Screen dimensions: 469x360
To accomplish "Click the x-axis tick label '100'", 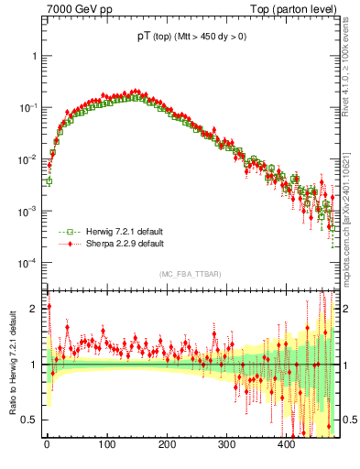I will click(x=106, y=445).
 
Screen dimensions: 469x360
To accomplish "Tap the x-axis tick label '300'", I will click(x=226, y=445).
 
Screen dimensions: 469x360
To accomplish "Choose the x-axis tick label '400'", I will click(x=286, y=445).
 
